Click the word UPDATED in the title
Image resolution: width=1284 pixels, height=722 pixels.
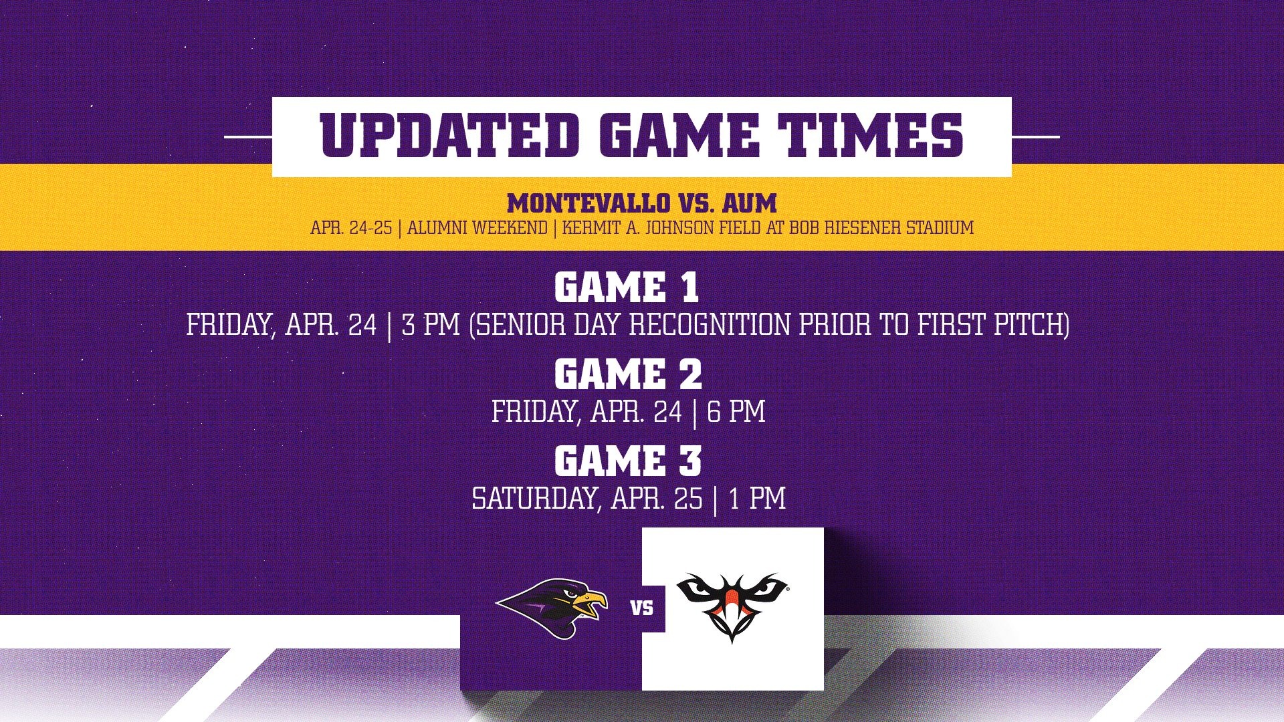(449, 136)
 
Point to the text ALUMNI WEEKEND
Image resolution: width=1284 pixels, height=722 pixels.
(477, 228)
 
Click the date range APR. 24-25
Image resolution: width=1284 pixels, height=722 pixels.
(351, 228)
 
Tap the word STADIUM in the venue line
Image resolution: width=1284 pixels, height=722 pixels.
(940, 228)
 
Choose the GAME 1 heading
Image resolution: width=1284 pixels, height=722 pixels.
(627, 288)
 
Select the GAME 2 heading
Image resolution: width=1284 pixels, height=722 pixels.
(628, 374)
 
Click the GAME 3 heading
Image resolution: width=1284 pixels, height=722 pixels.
(628, 461)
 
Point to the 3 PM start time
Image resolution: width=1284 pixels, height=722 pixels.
(431, 325)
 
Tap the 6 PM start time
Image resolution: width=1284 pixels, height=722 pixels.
(736, 412)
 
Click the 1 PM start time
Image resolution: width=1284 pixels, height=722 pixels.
(758, 499)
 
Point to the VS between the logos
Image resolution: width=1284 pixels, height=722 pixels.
(642, 608)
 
